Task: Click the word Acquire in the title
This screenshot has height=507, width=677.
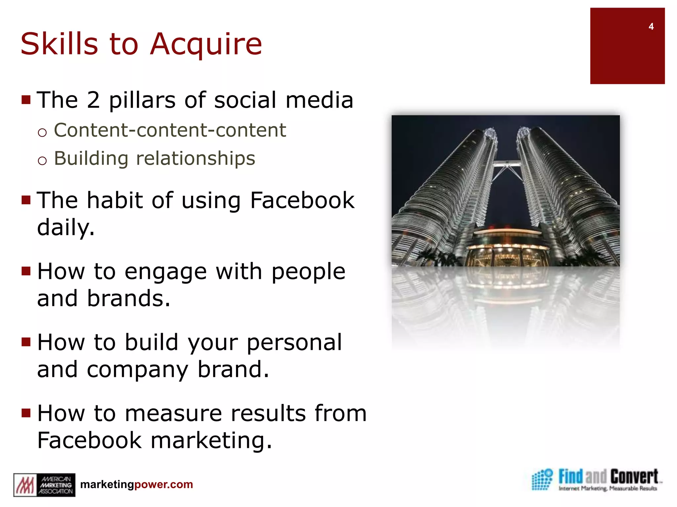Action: [206, 45]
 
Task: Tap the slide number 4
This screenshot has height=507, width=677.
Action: [651, 27]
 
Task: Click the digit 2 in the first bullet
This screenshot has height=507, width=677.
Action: [93, 100]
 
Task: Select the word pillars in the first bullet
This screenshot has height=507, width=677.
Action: [142, 101]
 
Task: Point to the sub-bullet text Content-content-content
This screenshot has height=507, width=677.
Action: [170, 130]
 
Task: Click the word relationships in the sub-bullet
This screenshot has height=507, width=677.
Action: [196, 158]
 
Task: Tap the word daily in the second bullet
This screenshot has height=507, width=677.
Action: [65, 228]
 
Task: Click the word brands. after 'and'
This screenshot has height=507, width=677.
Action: [129, 298]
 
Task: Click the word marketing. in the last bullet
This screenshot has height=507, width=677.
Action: [211, 440]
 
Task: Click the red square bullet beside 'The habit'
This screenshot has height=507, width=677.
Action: [26, 200]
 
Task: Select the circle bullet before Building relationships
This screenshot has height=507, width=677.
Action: [42, 161]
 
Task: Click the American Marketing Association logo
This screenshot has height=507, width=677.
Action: [44, 485]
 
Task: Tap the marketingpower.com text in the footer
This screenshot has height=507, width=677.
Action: [137, 485]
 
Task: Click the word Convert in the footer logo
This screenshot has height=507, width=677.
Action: [634, 477]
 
